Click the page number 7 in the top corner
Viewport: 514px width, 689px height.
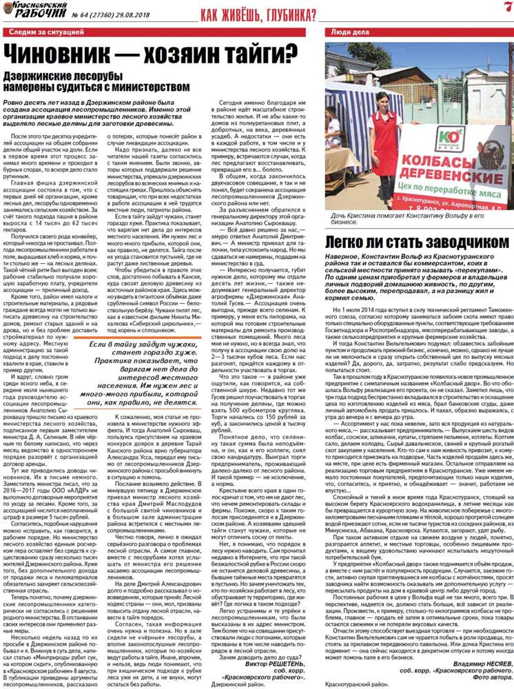[506, 8]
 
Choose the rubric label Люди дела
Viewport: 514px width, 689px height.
[349, 32]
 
